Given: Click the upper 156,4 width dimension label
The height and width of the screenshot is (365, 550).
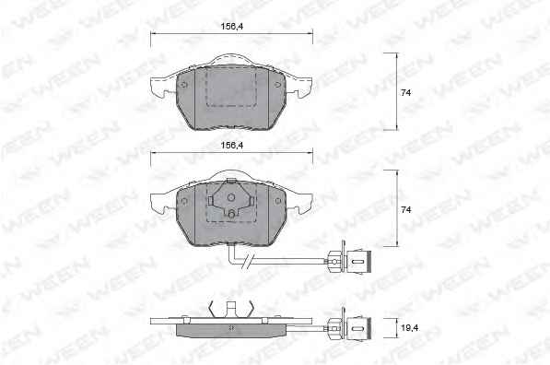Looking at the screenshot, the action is pos(232,26).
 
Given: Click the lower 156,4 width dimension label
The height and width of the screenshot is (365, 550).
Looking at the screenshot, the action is pos(232,145).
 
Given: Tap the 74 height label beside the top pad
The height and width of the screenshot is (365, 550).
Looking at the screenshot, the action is pos(406,93).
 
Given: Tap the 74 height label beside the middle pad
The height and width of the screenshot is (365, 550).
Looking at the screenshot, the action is pos(406,209).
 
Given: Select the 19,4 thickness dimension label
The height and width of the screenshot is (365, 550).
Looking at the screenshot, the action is pos(410,328).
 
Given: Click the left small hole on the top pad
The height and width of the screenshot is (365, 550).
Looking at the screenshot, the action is pos(184,85).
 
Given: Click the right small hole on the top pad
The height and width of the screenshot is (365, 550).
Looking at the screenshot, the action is pos(278,85).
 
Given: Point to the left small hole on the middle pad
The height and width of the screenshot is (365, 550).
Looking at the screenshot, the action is pos(184,201).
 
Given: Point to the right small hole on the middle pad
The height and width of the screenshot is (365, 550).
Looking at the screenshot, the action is pos(278,201).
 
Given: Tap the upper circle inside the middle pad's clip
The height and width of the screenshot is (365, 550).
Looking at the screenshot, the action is pos(231,197).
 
